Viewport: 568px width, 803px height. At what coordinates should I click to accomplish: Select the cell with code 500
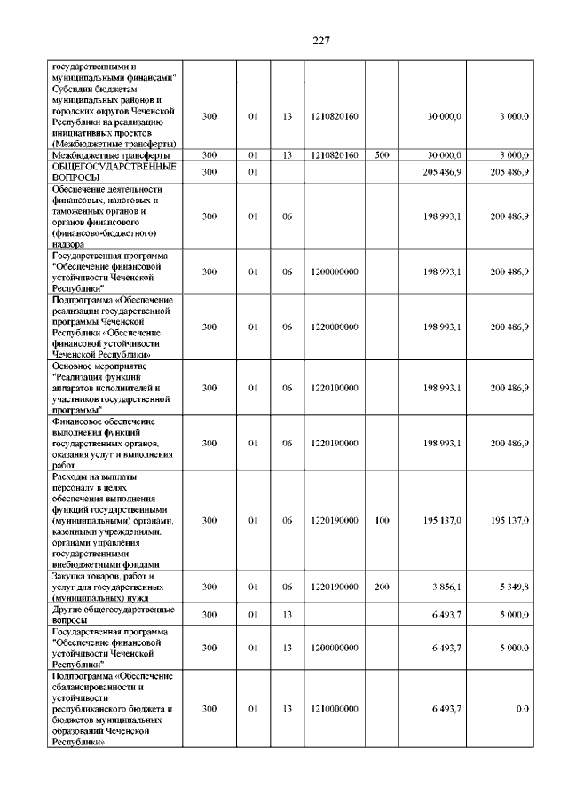[x=383, y=154]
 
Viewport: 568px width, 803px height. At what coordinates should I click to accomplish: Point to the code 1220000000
[x=335, y=327]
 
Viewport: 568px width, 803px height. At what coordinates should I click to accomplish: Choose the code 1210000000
[x=335, y=709]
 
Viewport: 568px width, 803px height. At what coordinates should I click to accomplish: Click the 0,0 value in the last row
[x=522, y=709]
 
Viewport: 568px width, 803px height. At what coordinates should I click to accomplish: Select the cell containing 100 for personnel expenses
[x=383, y=520]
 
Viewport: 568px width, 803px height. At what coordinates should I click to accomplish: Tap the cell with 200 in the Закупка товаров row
[x=383, y=587]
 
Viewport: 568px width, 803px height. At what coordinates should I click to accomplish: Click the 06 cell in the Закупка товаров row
[x=287, y=587]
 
